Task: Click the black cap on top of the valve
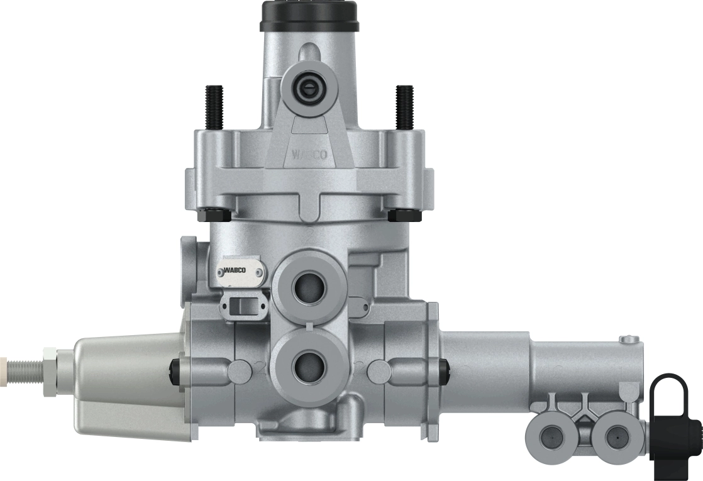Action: [x=309, y=15]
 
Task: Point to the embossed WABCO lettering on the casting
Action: [x=309, y=155]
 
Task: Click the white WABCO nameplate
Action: [x=241, y=271]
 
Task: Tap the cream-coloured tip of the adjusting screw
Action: [x=3, y=363]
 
